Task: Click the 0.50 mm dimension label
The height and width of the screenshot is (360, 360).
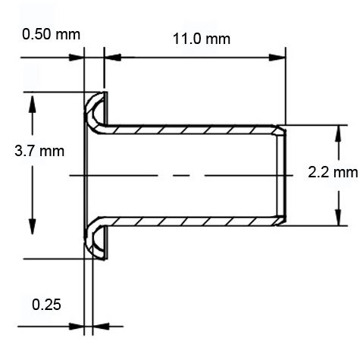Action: click(51, 35)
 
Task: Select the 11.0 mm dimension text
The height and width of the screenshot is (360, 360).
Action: click(195, 39)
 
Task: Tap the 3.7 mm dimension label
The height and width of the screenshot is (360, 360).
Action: click(39, 151)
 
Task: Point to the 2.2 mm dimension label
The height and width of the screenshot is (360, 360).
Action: click(333, 172)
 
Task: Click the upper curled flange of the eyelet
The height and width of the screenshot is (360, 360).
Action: click(94, 110)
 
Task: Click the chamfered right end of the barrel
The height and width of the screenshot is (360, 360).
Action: click(283, 176)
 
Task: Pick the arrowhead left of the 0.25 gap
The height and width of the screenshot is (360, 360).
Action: click(77, 327)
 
